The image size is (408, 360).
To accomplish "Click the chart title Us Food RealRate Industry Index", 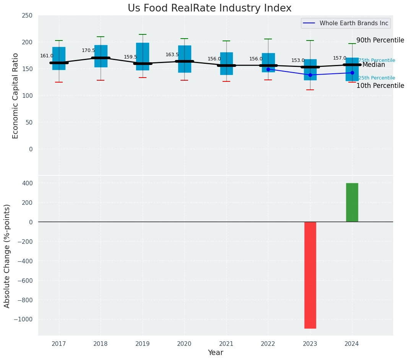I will click(210, 8).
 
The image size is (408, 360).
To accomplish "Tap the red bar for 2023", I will click(310, 275).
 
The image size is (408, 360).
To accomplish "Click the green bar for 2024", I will click(352, 202).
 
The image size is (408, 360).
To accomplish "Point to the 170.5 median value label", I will click(88, 50).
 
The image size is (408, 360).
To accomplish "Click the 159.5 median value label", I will click(130, 57).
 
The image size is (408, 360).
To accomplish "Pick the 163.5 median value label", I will click(172, 55).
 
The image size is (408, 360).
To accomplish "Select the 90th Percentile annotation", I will click(380, 41).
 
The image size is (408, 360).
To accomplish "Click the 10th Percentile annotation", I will click(380, 86).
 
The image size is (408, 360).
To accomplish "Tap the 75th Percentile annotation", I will click(377, 60).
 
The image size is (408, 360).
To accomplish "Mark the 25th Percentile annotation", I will click(377, 78).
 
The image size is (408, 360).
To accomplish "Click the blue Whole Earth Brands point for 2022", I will click(268, 69).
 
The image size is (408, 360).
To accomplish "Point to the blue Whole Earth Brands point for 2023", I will click(310, 75).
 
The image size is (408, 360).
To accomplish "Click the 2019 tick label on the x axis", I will click(143, 344).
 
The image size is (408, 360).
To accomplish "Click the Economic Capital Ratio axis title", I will click(16, 95).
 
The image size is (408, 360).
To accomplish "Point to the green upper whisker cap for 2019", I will click(143, 34).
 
